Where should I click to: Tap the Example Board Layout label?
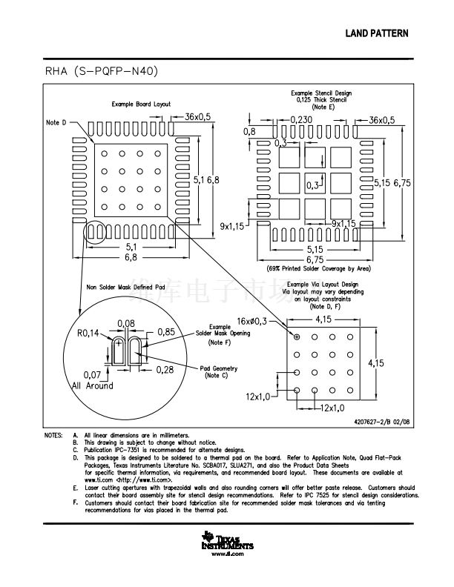[141, 105]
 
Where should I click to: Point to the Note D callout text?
[56, 122]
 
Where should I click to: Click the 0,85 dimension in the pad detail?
[166, 332]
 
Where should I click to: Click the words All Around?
[92, 385]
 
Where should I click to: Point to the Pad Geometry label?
[219, 368]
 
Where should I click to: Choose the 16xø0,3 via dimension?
[251, 320]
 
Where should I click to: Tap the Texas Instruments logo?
[228, 541]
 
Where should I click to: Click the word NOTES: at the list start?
[53, 435]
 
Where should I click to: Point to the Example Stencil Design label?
[322, 93]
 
